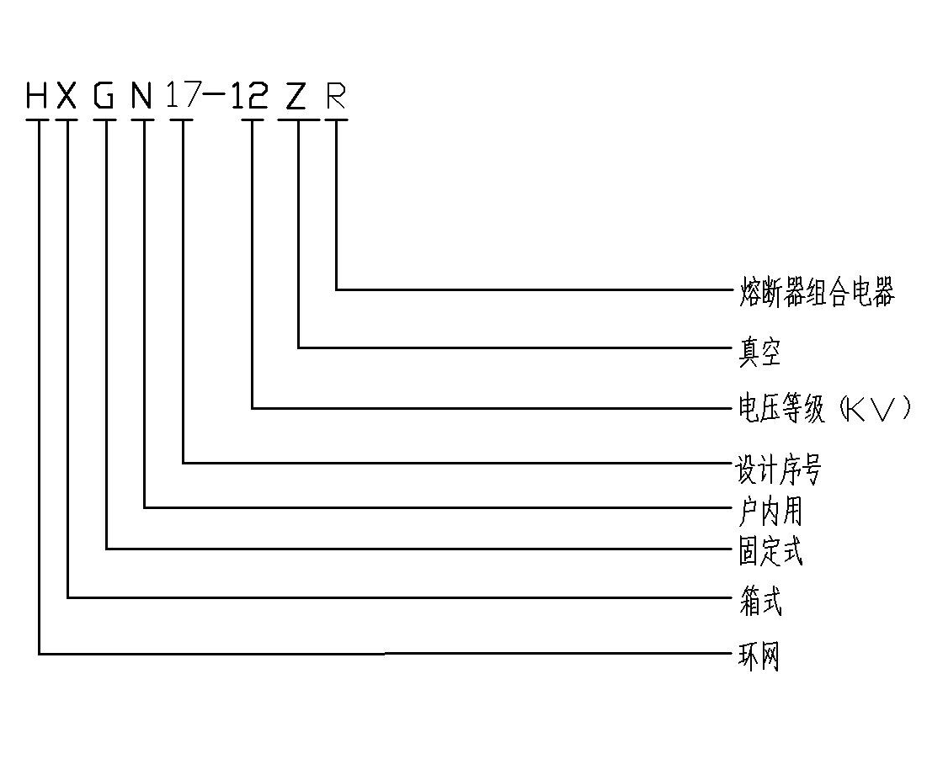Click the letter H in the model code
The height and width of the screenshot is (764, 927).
[x=38, y=97]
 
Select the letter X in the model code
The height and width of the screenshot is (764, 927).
[x=67, y=97]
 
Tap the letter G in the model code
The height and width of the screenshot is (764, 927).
[x=104, y=97]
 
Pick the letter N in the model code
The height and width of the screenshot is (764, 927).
[x=141, y=97]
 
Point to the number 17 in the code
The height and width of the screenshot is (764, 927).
[x=183, y=96]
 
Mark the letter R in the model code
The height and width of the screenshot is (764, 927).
[x=336, y=97]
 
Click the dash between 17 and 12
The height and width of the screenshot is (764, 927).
[x=216, y=98]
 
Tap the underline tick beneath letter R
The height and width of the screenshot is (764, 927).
[x=336, y=120]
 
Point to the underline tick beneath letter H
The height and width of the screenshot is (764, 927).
[x=38, y=120]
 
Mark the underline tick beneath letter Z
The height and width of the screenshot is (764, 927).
[x=298, y=120]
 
